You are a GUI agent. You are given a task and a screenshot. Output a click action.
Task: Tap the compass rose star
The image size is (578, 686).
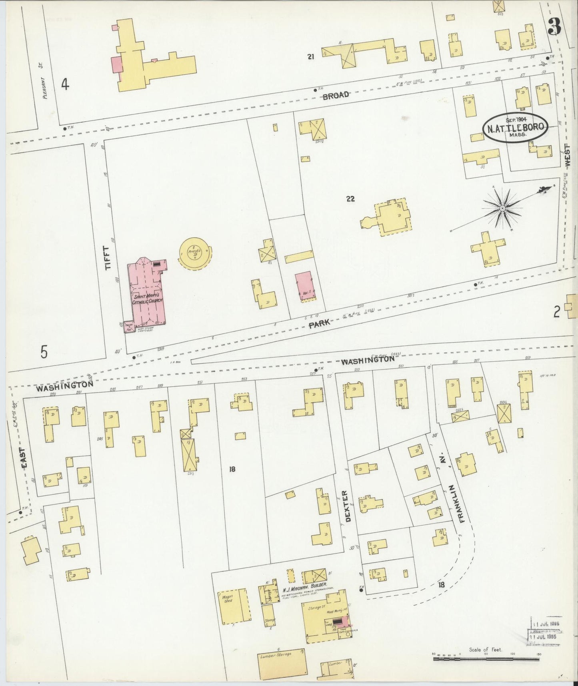pyautogui.click(x=502, y=208)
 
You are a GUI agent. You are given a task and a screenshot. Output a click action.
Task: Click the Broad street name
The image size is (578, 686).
pyautogui.click(x=336, y=95)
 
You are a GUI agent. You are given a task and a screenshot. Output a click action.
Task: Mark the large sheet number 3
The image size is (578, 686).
pyautogui.click(x=554, y=27)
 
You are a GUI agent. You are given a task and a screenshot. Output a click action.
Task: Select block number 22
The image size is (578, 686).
pyautogui.click(x=350, y=199)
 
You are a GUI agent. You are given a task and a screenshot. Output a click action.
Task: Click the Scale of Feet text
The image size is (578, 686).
pyautogui.click(x=486, y=650)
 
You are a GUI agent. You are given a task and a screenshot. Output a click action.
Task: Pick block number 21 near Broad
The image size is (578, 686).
pyautogui.click(x=310, y=57)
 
